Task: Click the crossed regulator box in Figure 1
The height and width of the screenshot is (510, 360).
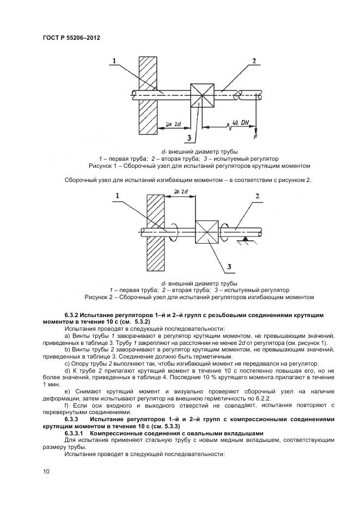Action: [203, 96]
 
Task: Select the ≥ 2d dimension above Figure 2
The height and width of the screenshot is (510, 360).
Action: [180, 192]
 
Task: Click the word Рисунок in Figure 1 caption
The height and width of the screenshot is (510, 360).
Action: [100, 166]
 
